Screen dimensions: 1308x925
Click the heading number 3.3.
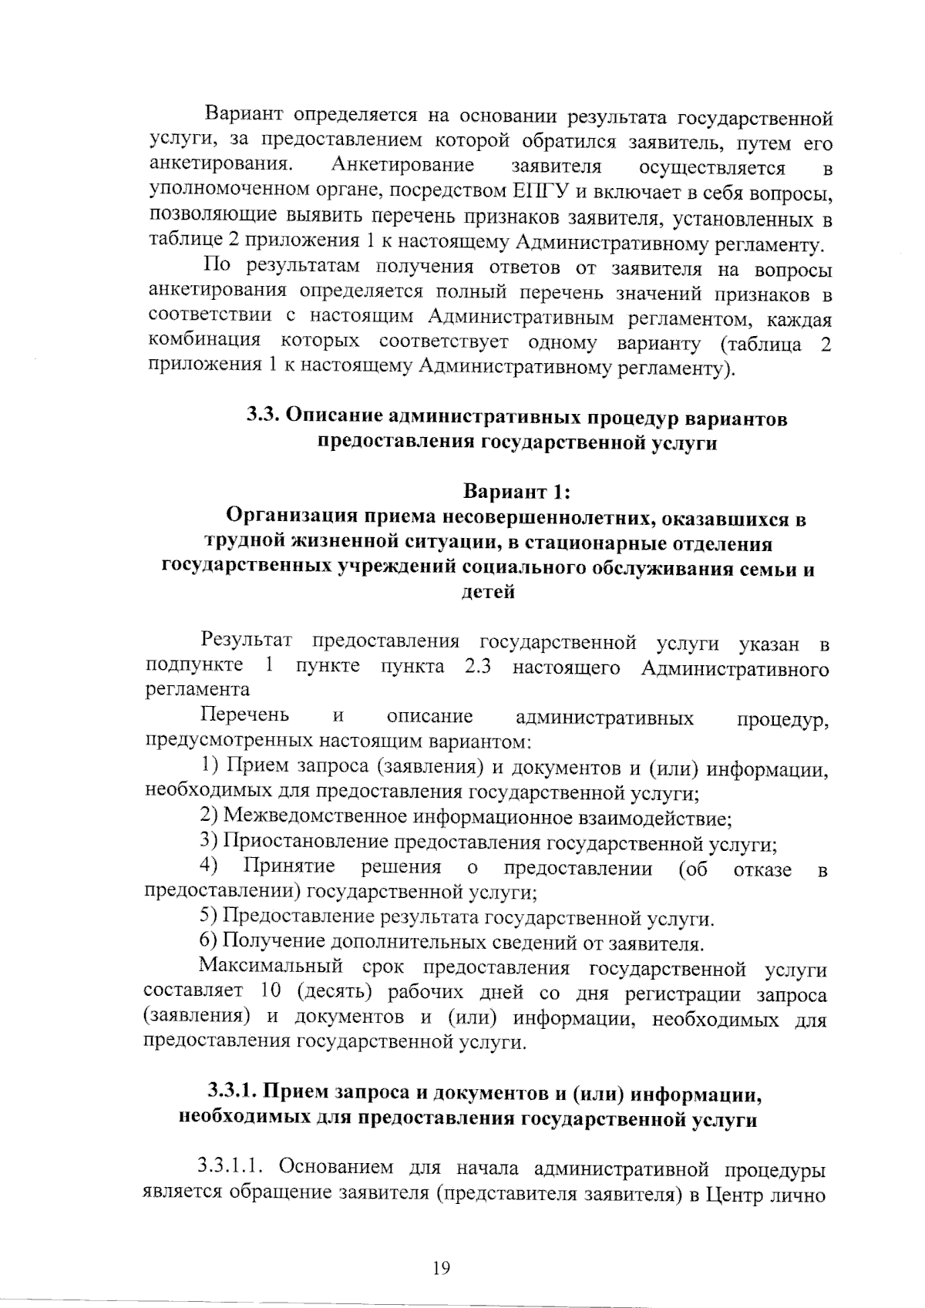tap(264, 417)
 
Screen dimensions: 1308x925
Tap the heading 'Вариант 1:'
tap(516, 491)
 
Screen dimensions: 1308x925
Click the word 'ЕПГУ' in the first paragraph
tap(538, 190)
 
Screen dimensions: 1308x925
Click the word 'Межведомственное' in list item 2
tap(317, 818)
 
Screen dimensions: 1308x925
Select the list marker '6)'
tap(208, 942)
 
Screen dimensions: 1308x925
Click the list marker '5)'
tap(208, 917)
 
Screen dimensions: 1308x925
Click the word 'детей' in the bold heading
tap(486, 593)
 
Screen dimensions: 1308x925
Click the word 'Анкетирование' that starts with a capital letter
tap(401, 165)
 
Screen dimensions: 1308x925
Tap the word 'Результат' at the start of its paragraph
tap(247, 641)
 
